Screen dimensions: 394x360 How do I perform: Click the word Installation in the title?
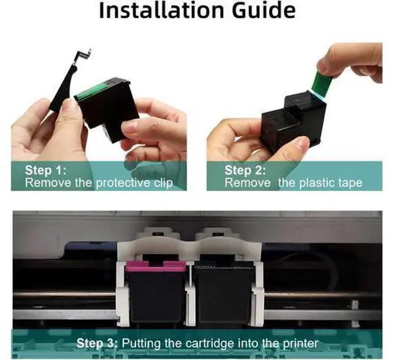point(161,10)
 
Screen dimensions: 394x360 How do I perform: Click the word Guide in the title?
point(263,10)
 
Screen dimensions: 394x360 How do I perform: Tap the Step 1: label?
point(46,170)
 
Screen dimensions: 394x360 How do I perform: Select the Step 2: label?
point(245,170)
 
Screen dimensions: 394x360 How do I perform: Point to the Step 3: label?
point(97,343)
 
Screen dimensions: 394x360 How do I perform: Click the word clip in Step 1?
point(163,183)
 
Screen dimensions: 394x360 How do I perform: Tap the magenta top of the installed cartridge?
point(156,266)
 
